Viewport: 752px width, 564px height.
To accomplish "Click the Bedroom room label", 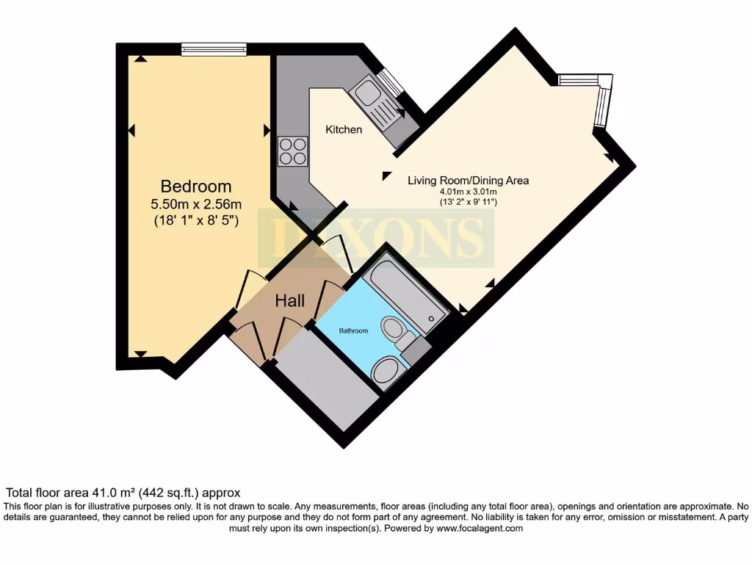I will click(196, 187).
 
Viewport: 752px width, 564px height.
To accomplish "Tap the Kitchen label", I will click(344, 129).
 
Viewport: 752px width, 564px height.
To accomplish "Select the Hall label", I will click(291, 300).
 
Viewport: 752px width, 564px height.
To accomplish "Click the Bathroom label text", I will click(352, 331).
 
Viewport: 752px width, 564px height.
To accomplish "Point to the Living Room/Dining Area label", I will click(468, 180).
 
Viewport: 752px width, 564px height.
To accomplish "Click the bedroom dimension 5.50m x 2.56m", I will click(196, 203).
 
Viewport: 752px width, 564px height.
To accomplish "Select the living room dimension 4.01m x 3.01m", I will click(463, 192).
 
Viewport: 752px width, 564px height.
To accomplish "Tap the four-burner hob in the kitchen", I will click(293, 151).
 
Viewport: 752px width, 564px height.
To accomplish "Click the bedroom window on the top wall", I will click(214, 49).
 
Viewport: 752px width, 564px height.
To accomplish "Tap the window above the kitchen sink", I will click(390, 82).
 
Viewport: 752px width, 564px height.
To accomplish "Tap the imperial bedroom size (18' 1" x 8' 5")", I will click(196, 220).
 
